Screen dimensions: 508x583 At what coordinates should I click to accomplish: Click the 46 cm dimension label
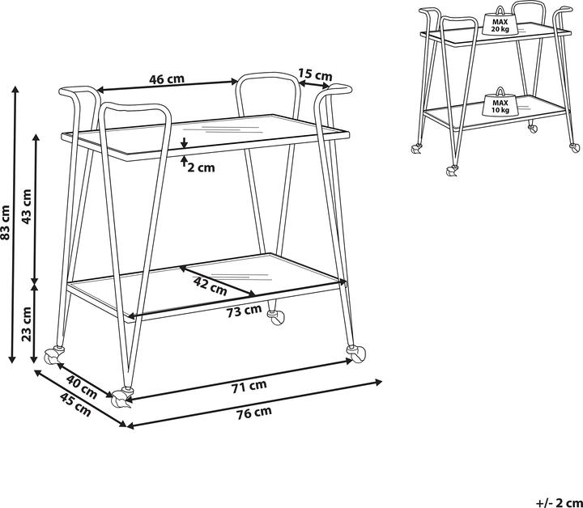tap(167, 79)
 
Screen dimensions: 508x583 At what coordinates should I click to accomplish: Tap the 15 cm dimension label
tap(314, 75)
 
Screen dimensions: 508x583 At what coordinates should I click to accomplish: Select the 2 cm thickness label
tap(202, 167)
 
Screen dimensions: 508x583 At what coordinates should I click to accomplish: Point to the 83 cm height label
tap(6, 223)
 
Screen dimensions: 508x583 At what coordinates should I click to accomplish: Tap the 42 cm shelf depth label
tap(211, 285)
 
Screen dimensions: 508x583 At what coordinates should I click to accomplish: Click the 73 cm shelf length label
tap(244, 311)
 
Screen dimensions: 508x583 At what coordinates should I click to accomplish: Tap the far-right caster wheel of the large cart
tap(355, 353)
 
